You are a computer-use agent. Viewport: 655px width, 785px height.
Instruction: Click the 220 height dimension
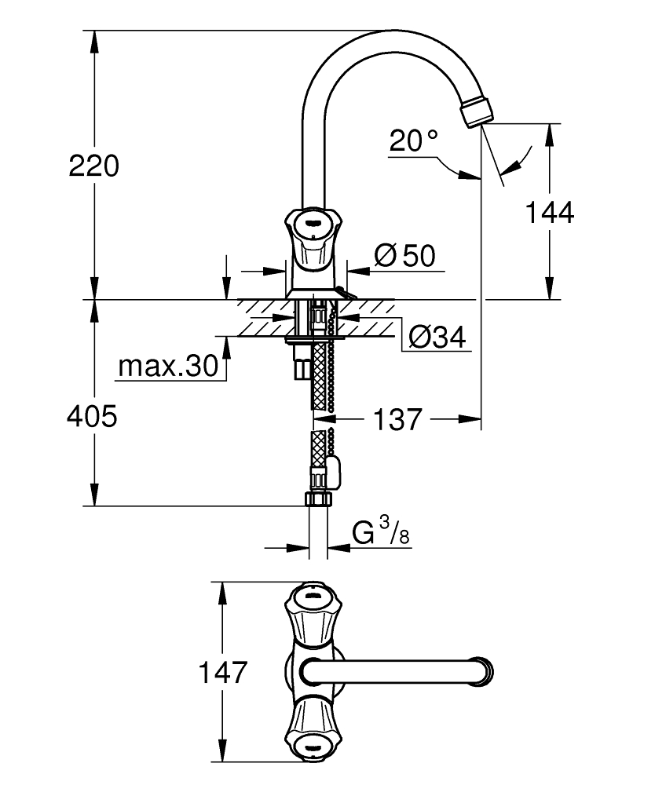click(93, 166)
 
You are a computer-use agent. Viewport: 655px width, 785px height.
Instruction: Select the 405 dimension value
click(93, 416)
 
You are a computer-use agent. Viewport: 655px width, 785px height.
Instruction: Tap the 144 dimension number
click(550, 212)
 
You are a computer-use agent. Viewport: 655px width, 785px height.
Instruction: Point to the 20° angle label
click(413, 141)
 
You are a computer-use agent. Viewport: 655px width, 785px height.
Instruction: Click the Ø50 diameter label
click(404, 255)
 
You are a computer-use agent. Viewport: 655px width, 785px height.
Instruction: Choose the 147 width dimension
click(224, 673)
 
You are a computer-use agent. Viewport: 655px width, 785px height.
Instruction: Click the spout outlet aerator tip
click(478, 112)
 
